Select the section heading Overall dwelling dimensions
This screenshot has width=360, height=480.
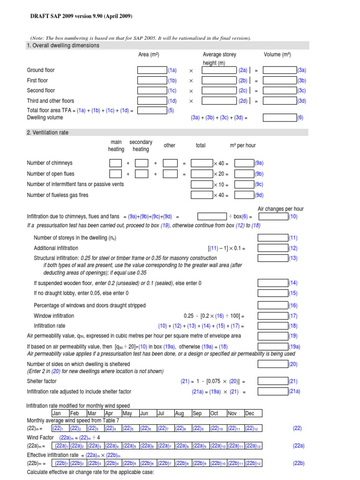[x=63, y=45]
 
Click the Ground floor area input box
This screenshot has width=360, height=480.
[x=152, y=70]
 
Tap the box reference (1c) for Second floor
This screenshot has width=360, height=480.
[x=172, y=90]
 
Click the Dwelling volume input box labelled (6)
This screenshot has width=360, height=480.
[x=279, y=118]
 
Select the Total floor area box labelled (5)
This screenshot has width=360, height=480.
[x=152, y=111]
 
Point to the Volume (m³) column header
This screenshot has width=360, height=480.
[x=277, y=55]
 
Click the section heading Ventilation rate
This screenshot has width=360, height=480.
[x=47, y=133]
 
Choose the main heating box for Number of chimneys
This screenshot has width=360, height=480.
[x=115, y=163]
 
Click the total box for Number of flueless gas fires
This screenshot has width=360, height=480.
[x=202, y=195]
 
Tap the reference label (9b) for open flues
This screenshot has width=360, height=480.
[x=259, y=174]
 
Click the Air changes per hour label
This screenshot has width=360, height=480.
[x=280, y=209]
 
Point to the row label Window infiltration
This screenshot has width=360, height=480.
[x=54, y=315]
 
